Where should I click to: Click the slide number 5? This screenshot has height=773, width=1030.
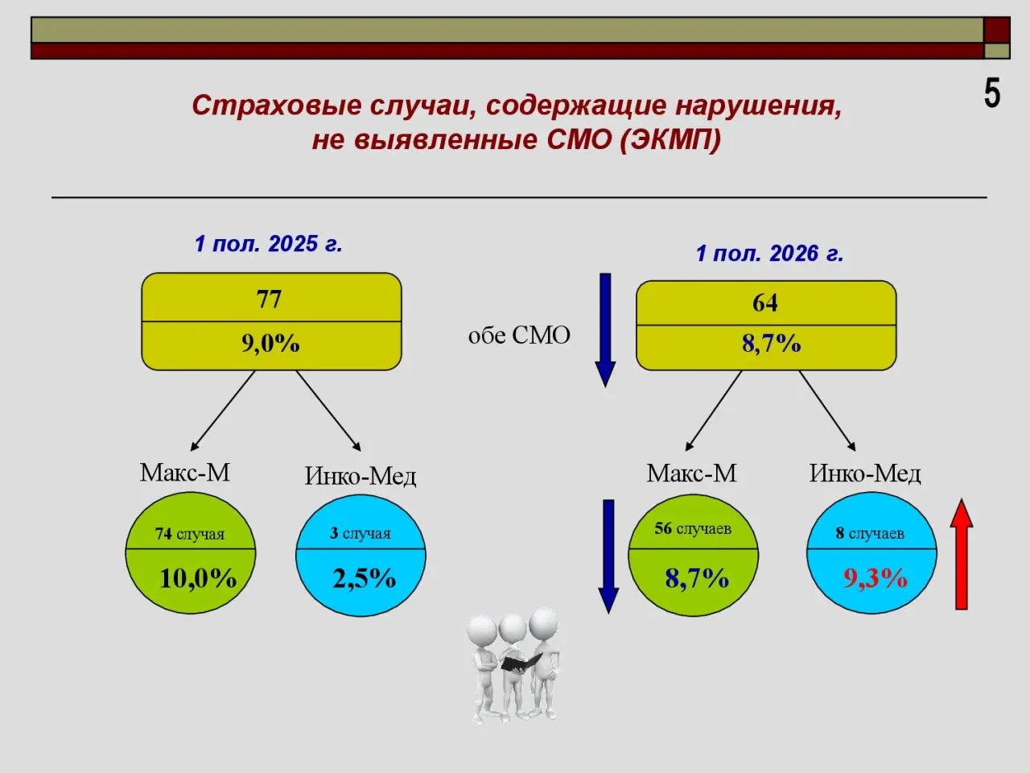[x=992, y=93]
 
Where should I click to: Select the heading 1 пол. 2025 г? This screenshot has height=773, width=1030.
[x=269, y=244]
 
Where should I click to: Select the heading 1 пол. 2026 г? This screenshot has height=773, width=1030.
[x=769, y=254]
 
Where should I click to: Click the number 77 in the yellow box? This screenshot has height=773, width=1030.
[x=269, y=299]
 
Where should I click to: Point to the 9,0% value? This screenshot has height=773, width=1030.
[x=270, y=344]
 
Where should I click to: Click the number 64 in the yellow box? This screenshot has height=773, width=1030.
[x=765, y=303]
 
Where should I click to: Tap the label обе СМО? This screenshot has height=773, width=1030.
[x=519, y=336]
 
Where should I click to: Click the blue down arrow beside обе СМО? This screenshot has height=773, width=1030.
[x=605, y=330]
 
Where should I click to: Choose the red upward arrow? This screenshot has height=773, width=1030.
[x=962, y=554]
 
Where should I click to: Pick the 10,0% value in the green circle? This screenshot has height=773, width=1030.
[x=198, y=578]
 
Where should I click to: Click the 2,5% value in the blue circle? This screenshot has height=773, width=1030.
[x=365, y=578]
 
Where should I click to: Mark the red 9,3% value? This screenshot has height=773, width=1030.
[x=875, y=578]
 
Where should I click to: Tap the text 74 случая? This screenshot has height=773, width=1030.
[x=190, y=534]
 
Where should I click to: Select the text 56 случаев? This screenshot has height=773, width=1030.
[x=693, y=528]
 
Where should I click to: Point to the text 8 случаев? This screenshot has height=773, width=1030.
[x=870, y=533]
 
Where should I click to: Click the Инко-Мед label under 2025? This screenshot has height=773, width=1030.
[x=360, y=477]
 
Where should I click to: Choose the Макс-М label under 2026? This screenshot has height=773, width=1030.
[x=692, y=473]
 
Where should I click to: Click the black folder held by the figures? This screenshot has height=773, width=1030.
[x=521, y=662]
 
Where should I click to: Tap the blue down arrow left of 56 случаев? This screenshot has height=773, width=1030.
[x=608, y=556]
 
